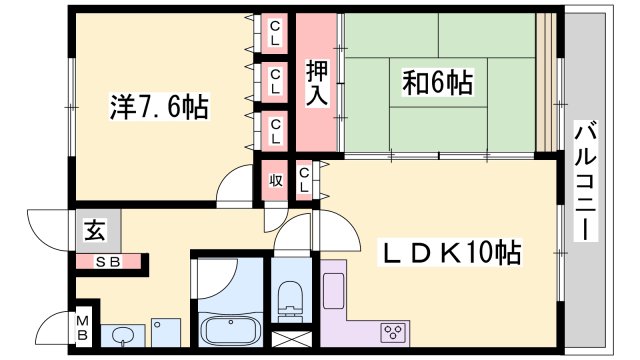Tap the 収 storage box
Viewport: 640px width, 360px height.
tap(275, 181)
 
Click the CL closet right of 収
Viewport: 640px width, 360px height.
tap(305, 181)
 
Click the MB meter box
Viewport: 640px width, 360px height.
tap(84, 327)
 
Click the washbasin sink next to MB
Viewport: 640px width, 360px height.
tap(123, 333)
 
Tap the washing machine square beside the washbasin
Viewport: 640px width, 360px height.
tap(164, 331)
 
